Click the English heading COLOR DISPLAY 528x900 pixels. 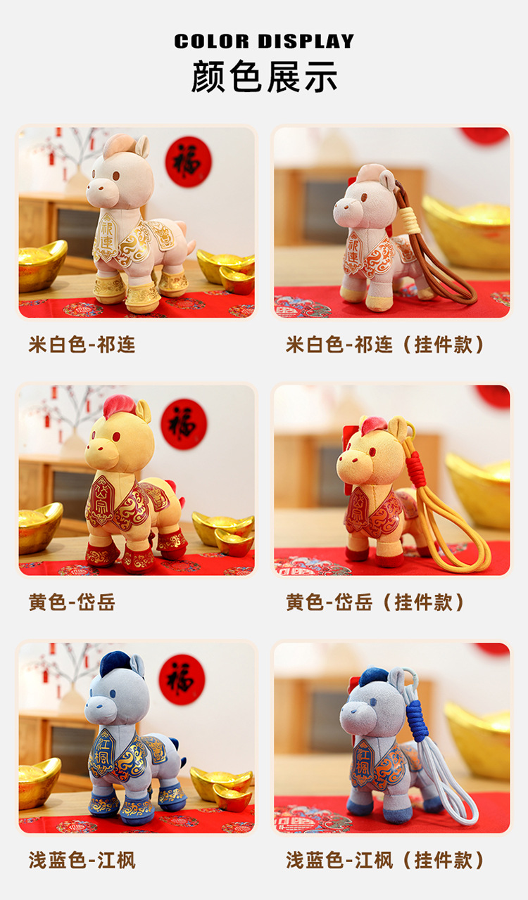(x=264, y=41)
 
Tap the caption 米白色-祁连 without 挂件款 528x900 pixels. (x=82, y=345)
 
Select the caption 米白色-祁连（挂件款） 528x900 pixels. (x=386, y=345)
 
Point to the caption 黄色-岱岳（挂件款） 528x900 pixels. (x=376, y=603)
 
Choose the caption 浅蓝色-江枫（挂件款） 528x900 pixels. (x=386, y=860)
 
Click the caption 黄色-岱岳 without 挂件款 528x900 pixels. (x=72, y=603)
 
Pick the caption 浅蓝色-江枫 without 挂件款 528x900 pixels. (x=82, y=860)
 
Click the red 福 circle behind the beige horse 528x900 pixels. (x=189, y=162)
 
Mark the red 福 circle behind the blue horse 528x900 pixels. (x=182, y=680)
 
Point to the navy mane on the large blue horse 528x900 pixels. (x=115, y=662)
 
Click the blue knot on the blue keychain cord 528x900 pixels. (x=417, y=721)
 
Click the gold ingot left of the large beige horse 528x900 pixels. (x=42, y=266)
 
